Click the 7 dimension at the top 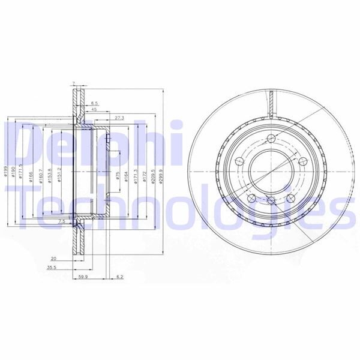(74, 83)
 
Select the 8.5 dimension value (95, 103)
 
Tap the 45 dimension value (94, 110)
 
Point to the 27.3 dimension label (119, 118)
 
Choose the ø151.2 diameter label (58, 176)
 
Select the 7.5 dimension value (62, 221)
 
